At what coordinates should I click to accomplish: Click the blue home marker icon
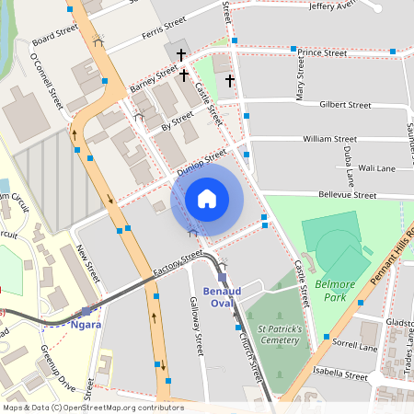pos(207,198)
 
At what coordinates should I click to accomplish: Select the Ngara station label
pos(86,324)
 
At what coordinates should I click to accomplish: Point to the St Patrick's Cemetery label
pos(279,334)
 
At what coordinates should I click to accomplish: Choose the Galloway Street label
pos(195,327)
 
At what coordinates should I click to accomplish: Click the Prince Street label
pos(321,53)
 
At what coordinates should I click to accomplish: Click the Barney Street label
pos(154,79)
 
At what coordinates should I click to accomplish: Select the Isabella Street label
pos(339,374)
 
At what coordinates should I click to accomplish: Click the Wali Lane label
pos(376,168)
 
